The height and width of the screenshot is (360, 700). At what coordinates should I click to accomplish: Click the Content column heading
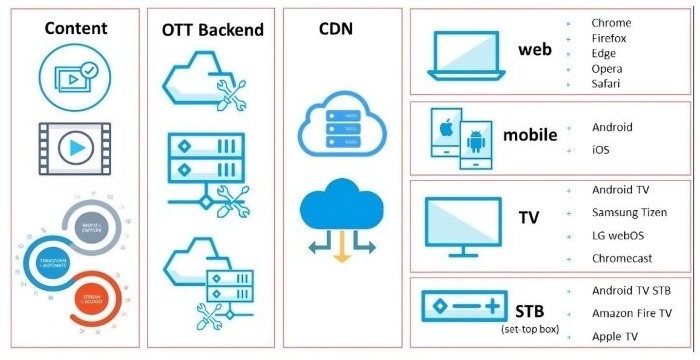[x=75, y=28]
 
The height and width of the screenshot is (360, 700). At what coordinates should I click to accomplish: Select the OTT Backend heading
[x=212, y=29]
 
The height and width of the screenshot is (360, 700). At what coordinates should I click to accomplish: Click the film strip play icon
[x=75, y=147]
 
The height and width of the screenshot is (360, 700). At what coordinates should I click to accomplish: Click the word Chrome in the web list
[x=612, y=23]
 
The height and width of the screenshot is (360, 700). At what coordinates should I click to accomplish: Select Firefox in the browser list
[x=611, y=38]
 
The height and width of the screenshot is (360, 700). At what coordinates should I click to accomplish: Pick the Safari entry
[x=606, y=84]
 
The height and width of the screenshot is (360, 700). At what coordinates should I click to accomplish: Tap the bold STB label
[x=530, y=308]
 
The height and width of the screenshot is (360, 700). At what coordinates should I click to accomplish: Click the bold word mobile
[x=529, y=134]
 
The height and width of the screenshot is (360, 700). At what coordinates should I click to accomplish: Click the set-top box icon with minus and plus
[x=459, y=306]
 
